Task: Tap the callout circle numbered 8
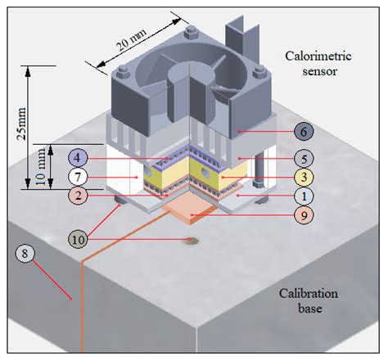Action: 25,254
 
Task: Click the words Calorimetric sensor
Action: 315,63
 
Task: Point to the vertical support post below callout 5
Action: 259,176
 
